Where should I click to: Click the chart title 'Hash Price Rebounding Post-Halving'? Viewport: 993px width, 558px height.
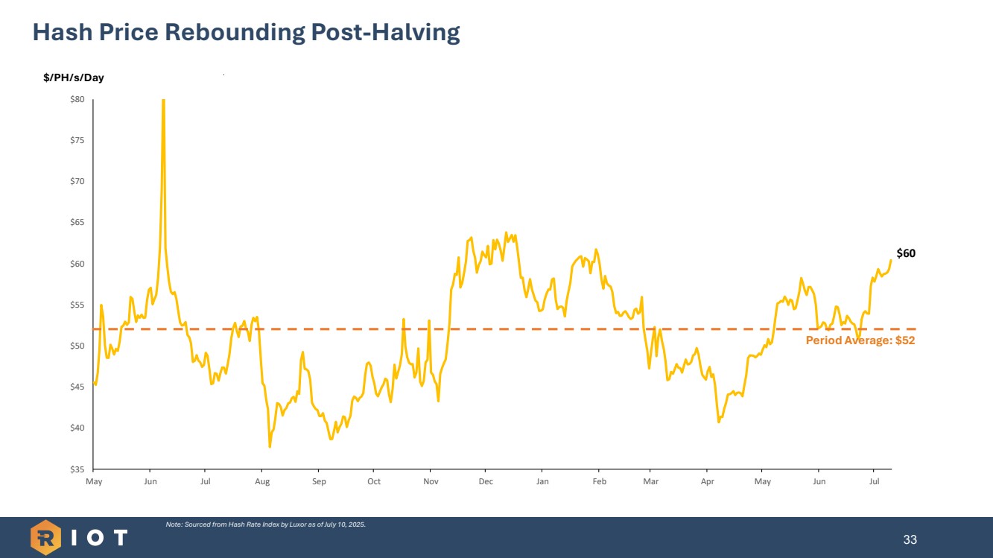coord(246,33)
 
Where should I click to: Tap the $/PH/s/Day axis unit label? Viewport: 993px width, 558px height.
coord(74,77)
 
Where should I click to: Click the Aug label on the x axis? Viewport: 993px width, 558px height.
coord(262,482)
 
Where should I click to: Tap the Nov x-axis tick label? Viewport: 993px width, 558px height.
coord(431,482)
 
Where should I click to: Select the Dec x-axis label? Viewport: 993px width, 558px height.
coord(486,482)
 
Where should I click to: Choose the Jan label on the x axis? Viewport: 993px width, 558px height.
coord(542,482)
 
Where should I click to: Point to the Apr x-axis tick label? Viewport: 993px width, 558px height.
coord(708,482)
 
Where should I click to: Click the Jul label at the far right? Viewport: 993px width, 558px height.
coord(875,482)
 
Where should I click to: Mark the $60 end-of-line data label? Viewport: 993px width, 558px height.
coord(906,253)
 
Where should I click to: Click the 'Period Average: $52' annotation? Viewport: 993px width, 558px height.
coord(860,340)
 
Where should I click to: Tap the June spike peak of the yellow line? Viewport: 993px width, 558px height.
coord(163,101)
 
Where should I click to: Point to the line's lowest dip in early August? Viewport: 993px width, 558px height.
coord(270,446)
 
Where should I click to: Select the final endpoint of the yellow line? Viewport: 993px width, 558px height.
coord(891,260)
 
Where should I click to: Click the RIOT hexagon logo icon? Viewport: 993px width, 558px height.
coord(45,537)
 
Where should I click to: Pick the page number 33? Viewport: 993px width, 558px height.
coord(910,539)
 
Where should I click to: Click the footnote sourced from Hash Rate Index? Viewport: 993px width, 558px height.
coord(265,524)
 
